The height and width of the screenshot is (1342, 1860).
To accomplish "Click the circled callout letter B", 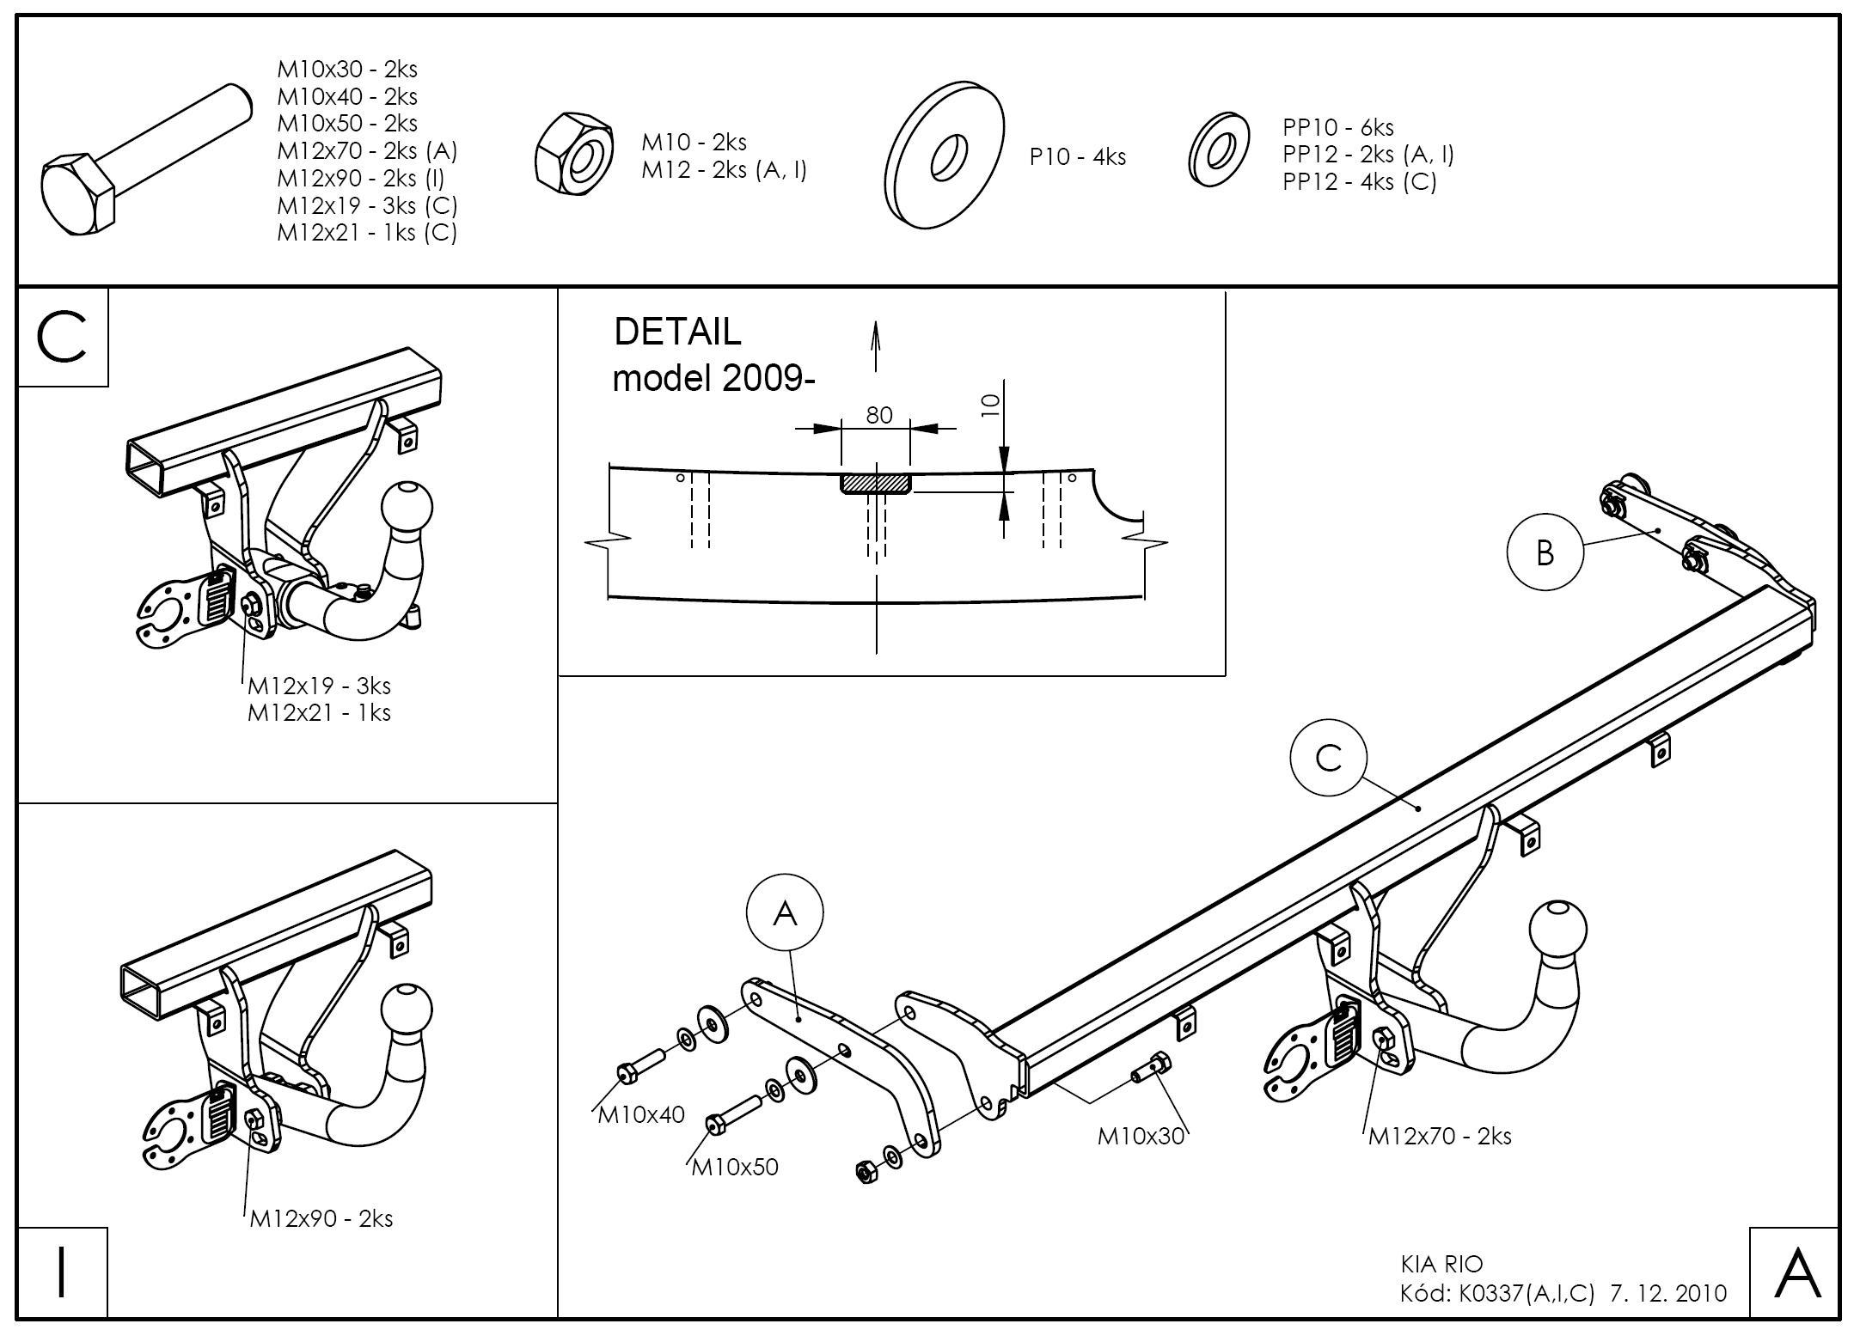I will (x=1545, y=552).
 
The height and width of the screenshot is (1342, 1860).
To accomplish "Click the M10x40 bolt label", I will (x=641, y=1114).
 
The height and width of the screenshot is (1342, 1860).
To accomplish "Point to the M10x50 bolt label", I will (x=735, y=1166).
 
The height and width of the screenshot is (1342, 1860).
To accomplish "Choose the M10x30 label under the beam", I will (x=1141, y=1136).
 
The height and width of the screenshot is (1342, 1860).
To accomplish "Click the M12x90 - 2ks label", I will (x=321, y=1218).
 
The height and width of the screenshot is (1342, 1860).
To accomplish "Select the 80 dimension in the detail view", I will (x=878, y=415).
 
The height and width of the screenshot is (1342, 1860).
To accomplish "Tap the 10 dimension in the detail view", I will (x=990, y=405).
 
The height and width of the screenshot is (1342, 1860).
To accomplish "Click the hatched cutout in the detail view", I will (x=875, y=484).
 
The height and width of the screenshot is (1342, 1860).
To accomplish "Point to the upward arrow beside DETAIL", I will (x=875, y=345).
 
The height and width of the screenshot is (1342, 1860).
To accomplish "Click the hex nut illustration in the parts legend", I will (x=573, y=153).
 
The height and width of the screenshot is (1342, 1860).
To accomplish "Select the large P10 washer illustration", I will (x=944, y=156).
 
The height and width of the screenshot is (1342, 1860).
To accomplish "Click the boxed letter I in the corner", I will (x=62, y=1272).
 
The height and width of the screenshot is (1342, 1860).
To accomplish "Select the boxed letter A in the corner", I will (x=1796, y=1272).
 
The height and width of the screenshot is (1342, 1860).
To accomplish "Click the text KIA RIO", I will (x=1441, y=1264).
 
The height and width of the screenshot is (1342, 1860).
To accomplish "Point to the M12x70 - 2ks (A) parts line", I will (x=367, y=151).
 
